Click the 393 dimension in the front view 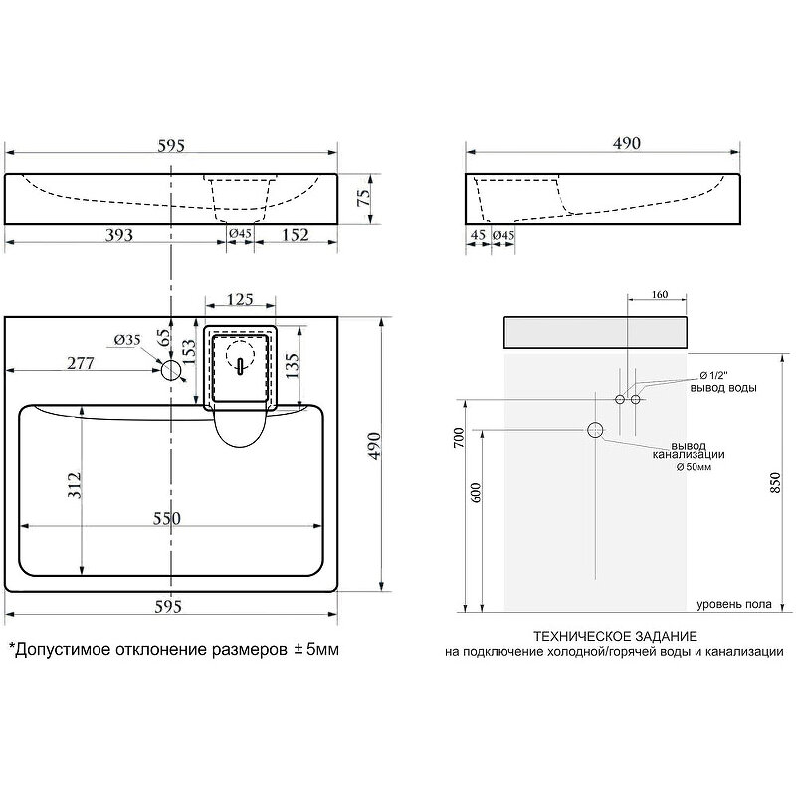point(119,235)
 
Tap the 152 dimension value point(295,235)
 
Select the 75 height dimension point(364,197)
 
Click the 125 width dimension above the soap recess point(240,299)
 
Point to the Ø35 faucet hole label point(127,340)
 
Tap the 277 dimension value point(81,363)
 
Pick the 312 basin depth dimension point(75,486)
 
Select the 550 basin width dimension point(167,518)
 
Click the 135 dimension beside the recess point(293,366)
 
